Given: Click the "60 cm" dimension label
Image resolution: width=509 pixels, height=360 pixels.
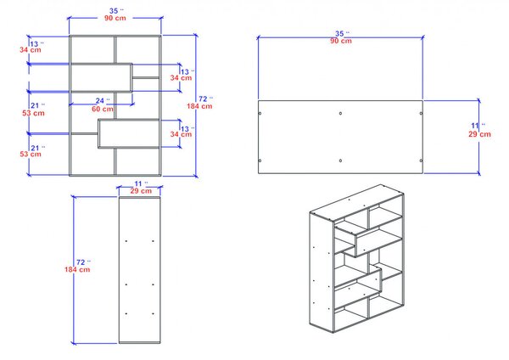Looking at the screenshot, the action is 103,110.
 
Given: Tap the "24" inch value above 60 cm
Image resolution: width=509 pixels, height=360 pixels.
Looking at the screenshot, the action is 100,101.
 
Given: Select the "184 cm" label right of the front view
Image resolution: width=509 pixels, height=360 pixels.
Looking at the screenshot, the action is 199,106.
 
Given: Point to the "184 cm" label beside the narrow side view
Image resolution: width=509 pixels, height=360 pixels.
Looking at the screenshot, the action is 77,269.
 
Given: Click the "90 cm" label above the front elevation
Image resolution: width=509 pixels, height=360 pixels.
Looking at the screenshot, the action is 115,18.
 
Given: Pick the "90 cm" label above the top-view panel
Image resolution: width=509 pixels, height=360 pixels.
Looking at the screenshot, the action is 341,41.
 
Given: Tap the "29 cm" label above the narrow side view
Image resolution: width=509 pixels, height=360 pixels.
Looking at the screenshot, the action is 141,191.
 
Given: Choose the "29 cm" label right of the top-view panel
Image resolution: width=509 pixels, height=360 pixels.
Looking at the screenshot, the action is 479,134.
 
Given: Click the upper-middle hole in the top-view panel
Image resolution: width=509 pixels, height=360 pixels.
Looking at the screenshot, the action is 340,114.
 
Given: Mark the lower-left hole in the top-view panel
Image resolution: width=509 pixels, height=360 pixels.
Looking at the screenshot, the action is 260,160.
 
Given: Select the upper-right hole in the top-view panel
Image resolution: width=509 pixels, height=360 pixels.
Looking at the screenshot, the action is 421,114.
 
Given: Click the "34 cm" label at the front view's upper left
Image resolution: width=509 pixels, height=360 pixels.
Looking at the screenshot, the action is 31,50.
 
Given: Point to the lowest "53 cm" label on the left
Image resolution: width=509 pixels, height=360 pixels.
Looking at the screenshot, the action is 31,154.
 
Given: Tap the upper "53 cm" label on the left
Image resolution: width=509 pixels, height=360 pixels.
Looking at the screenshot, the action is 33,113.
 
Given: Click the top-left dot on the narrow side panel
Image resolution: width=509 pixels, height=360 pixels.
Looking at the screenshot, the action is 126,241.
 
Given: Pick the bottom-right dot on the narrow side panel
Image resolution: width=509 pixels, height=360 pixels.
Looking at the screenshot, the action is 153,313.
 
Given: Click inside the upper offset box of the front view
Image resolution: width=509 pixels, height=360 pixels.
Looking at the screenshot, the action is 101,77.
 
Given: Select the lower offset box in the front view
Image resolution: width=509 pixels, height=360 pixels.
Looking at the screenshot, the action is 129,133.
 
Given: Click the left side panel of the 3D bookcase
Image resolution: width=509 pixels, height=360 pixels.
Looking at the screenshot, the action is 322,273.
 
